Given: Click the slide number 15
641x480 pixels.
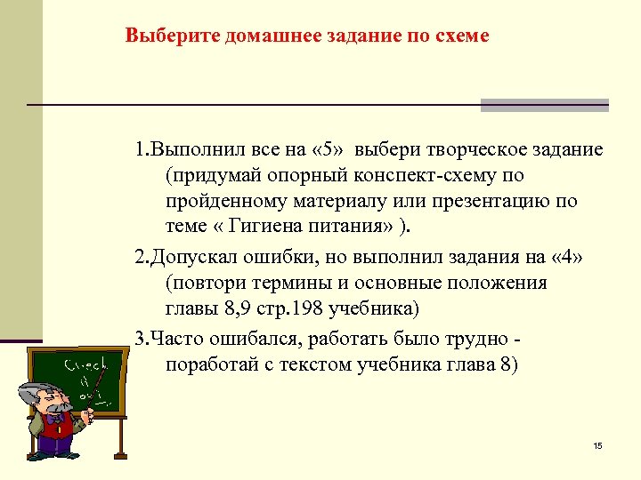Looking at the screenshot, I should click(597, 444).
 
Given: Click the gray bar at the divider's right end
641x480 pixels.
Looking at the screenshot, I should click(544, 105).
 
